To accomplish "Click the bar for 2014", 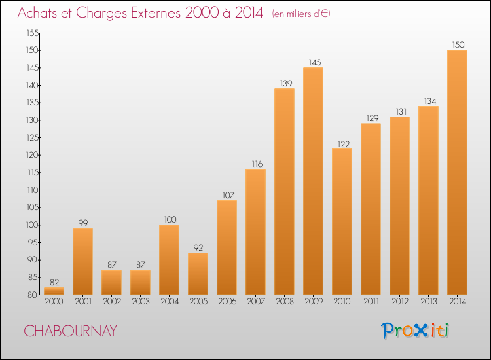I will point(457,172).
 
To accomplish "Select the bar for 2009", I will point(313,181).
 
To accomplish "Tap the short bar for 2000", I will point(54,291).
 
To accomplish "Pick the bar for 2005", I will point(198,274).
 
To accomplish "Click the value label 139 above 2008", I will point(284,83).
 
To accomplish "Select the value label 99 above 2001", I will point(82,223).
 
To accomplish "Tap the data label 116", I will point(255,164).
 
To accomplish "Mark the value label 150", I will point(457,45).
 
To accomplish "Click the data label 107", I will point(227,195).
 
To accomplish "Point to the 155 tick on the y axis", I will point(32,33).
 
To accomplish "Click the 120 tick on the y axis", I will point(32,155).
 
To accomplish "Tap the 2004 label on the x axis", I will point(169,302).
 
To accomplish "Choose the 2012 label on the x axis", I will point(399,302).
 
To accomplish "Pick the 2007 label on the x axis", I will point(255,302).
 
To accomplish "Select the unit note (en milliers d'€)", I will point(301,14).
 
